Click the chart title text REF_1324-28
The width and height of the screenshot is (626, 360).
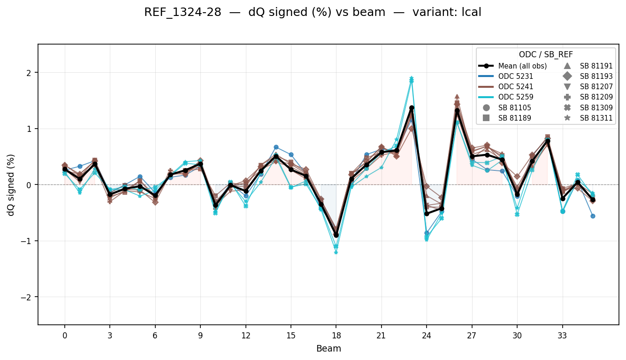coord(183,13)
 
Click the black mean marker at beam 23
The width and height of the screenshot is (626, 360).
coord(412,108)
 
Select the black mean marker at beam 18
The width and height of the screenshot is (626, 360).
coord(336,235)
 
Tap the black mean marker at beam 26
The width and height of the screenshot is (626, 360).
coord(457,111)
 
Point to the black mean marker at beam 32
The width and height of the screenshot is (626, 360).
coord(548,141)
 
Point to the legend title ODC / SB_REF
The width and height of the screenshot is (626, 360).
coord(546,54)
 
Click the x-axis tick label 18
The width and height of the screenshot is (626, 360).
coord(336,335)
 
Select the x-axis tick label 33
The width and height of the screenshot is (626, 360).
coord(562,335)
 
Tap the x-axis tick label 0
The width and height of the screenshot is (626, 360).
coord(65,335)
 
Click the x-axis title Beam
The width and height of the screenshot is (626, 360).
coord(328,349)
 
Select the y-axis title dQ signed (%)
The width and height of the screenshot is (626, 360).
coord(11,185)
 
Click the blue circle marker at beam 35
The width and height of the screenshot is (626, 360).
coord(593,216)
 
